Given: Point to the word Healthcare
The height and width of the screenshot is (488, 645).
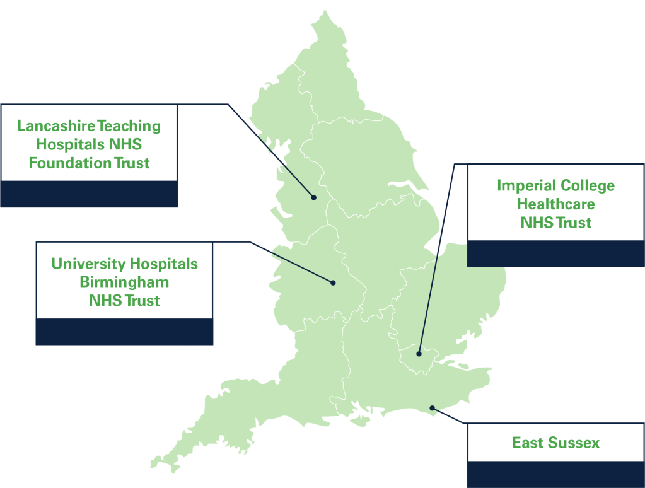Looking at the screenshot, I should point(555,204).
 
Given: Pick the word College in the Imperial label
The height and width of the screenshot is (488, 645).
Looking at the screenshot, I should point(584,185).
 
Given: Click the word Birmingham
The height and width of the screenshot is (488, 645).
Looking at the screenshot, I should point(124,282).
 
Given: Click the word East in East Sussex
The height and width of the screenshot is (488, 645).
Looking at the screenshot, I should point(528,443).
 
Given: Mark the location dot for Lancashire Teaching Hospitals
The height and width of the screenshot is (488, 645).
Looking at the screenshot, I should point(313,197).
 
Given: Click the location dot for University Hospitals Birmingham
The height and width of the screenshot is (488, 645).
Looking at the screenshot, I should point(333,282).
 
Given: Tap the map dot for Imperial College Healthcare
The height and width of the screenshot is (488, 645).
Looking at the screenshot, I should point(419,354).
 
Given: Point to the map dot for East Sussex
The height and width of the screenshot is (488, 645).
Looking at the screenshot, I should point(432,408).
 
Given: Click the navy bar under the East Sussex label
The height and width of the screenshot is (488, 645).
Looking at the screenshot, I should point(555,475).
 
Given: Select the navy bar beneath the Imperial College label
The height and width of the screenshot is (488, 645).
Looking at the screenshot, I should point(555,253).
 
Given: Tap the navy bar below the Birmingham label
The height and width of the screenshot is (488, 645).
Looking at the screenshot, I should point(124,332).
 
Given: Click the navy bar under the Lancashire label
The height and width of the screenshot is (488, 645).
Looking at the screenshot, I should point(89,194).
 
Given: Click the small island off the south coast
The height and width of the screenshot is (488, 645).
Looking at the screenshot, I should point(360,420).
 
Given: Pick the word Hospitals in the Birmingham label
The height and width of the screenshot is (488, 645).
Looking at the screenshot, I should point(163,264).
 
